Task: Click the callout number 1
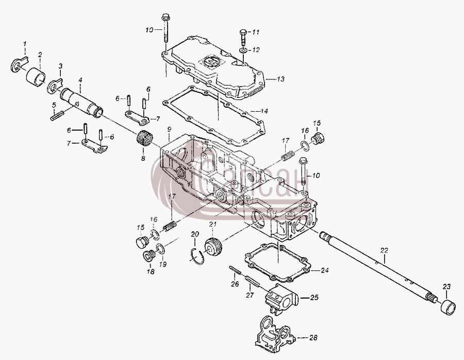[x=25, y=44]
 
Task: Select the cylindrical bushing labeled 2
[x=36, y=76]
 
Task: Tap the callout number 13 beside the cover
[x=280, y=79]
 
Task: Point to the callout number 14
[x=264, y=111]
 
